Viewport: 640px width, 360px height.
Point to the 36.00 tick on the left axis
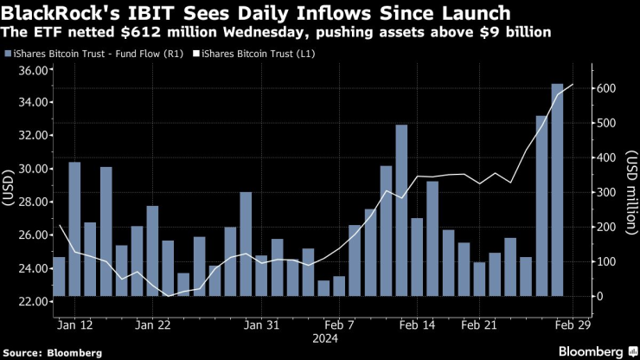tap(30, 70)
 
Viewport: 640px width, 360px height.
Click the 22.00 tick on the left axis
tap(30, 302)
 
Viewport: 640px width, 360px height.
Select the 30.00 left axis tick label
tap(30, 169)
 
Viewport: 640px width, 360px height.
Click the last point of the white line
tap(573, 84)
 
